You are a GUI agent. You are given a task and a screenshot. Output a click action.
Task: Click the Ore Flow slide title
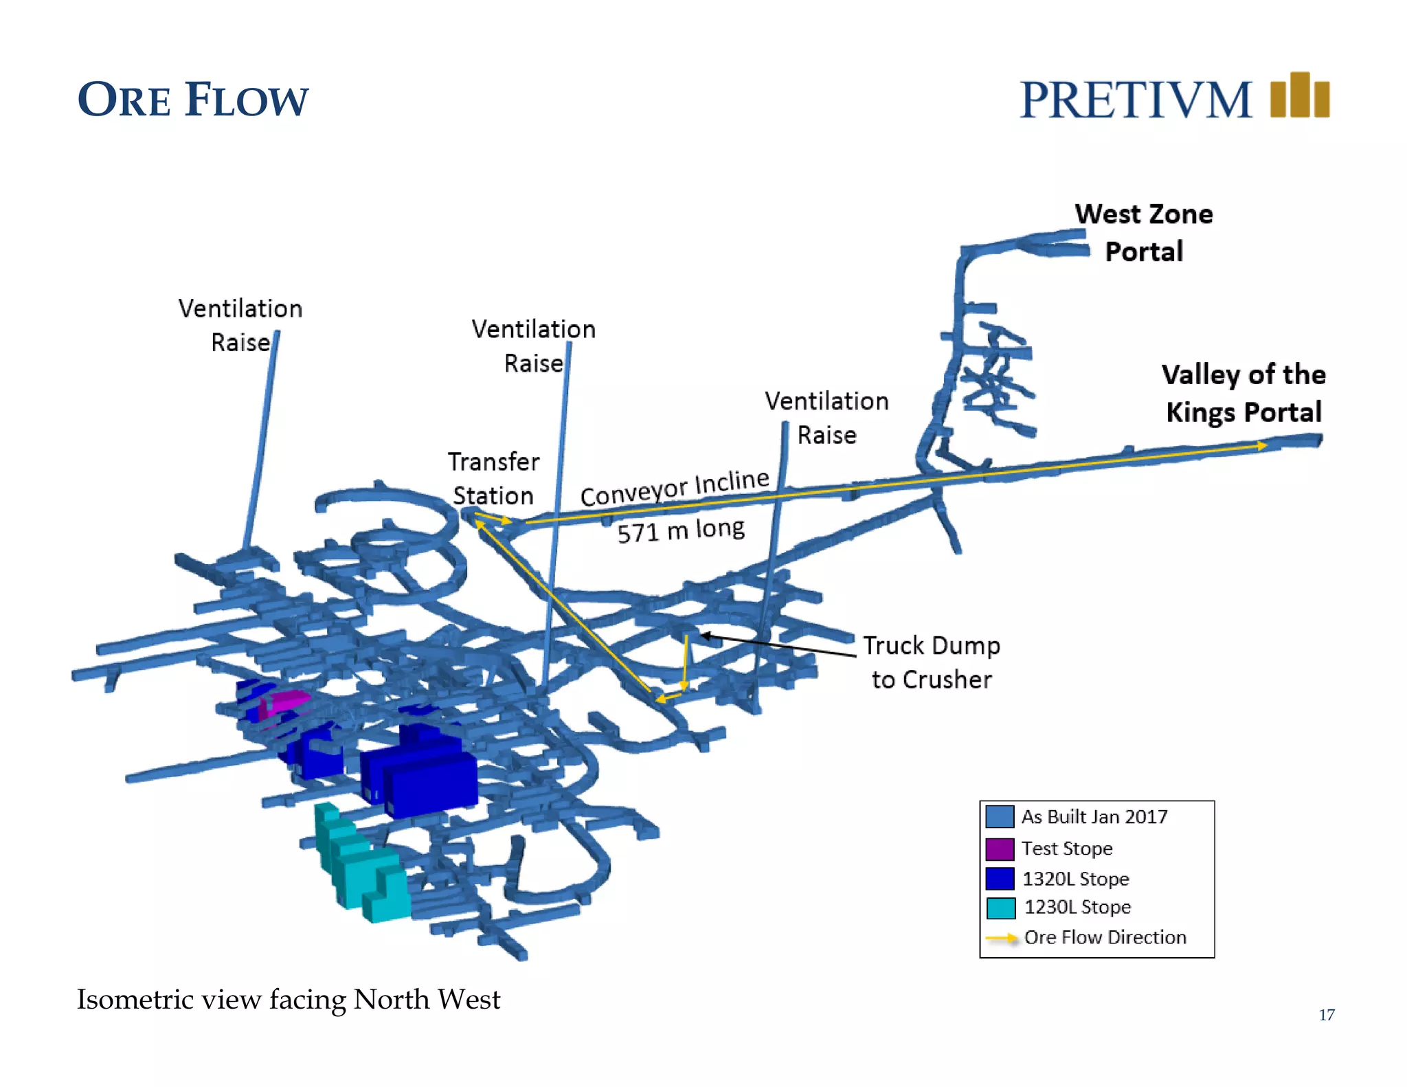(x=193, y=100)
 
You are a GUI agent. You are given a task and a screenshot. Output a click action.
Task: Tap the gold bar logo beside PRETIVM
(x=1299, y=96)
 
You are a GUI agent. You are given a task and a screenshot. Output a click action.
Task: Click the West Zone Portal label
(x=1144, y=233)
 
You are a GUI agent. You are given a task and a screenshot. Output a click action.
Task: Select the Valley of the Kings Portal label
(x=1243, y=394)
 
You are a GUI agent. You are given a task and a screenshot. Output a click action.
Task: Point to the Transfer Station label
(x=493, y=478)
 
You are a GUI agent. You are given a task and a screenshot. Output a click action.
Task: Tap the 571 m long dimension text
(x=680, y=530)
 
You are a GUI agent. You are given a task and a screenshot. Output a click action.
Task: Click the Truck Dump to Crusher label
(x=931, y=662)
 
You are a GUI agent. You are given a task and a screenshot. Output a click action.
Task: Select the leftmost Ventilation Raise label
(x=240, y=325)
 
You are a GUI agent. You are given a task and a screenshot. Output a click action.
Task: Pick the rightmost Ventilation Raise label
(x=826, y=418)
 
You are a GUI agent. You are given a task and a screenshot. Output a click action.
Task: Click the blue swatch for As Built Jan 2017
(x=1000, y=816)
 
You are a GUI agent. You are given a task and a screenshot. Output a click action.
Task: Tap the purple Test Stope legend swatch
(x=1000, y=849)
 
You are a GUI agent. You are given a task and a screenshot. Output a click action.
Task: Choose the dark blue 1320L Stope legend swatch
(x=1000, y=879)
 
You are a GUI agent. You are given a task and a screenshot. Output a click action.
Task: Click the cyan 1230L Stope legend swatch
(x=1000, y=908)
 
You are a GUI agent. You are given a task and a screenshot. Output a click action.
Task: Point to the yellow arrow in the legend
(x=1002, y=938)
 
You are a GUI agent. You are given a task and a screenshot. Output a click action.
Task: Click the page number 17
(x=1327, y=1015)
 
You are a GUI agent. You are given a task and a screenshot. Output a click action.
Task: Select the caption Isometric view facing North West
(x=288, y=1000)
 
